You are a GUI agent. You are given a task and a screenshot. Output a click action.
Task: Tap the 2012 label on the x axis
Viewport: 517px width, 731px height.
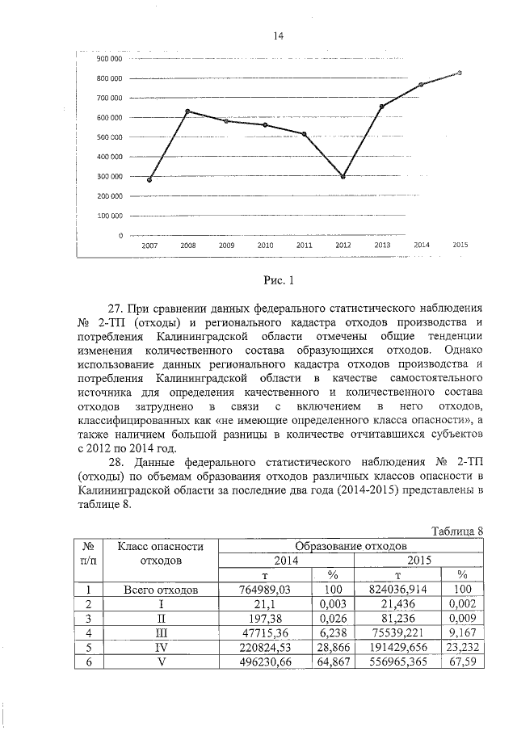tap(343, 245)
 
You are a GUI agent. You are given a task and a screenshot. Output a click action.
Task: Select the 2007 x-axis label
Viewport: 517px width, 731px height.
tap(149, 245)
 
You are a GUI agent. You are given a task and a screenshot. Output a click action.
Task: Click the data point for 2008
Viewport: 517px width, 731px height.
tap(188, 111)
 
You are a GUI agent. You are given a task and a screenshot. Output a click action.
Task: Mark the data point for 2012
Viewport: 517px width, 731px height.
tap(343, 176)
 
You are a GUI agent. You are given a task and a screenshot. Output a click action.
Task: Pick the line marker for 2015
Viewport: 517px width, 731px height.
tap(460, 73)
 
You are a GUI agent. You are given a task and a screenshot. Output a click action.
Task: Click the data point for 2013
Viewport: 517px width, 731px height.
tap(382, 107)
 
